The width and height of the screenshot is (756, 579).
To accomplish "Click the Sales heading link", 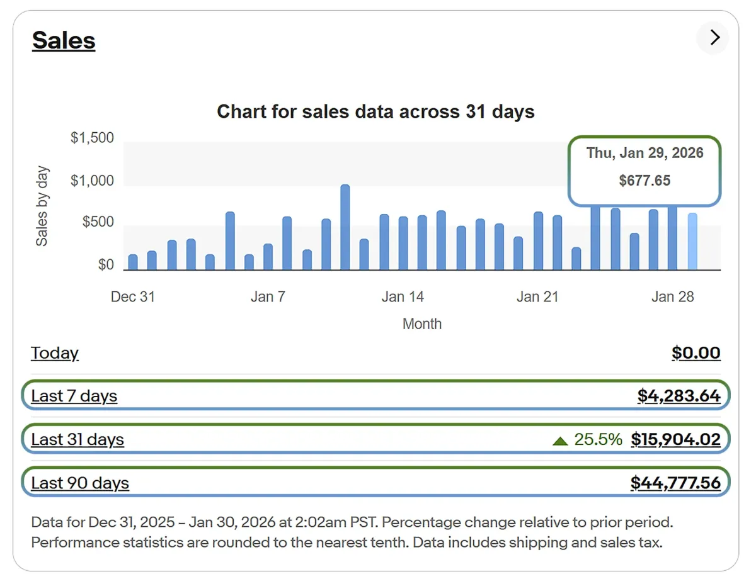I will tap(64, 41).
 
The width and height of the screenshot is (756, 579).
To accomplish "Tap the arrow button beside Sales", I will tap(714, 38).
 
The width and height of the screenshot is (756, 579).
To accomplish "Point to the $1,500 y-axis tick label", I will tap(92, 138).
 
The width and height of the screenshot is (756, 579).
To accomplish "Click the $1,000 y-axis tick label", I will tap(92, 181).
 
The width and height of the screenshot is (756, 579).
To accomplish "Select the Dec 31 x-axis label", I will tap(132, 296).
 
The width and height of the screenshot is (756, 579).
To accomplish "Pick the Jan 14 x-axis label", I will tap(403, 296).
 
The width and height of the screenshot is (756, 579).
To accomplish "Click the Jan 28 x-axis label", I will tap(672, 296).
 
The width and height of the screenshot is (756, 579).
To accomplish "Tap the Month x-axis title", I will tap(422, 324).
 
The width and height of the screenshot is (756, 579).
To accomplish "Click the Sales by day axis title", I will tap(42, 206).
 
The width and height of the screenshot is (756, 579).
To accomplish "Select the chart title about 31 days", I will tap(375, 112).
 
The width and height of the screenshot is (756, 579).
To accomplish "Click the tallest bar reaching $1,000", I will tap(345, 227).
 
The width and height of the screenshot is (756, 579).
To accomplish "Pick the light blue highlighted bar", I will tap(692, 242).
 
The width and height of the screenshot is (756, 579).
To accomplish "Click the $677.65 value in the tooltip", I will tap(644, 181).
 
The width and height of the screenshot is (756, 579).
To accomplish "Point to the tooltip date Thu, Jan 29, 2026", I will tap(644, 153).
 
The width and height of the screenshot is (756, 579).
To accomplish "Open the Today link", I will tap(55, 353).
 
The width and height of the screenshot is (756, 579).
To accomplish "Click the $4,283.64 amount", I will tap(679, 396).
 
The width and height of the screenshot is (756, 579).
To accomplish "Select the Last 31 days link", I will tap(77, 439).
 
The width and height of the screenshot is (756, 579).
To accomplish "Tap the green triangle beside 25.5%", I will tap(560, 441).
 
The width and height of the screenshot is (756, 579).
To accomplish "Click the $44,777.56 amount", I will tap(675, 483).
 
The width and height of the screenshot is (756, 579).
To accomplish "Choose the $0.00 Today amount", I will tap(696, 353).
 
